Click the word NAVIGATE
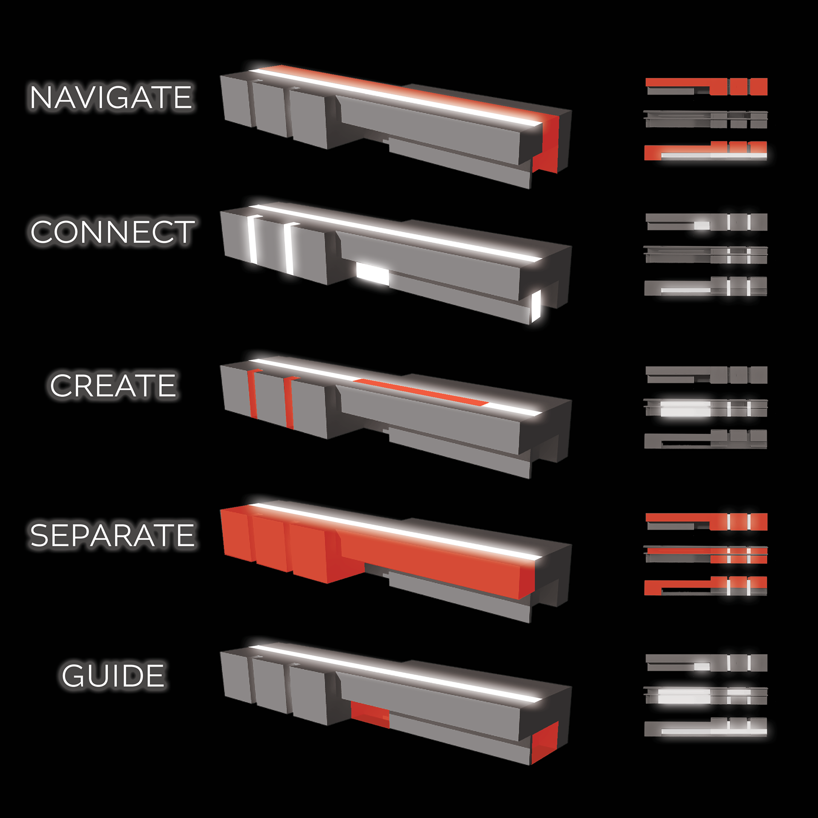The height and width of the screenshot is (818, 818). [111, 97]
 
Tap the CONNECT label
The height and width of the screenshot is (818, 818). [112, 232]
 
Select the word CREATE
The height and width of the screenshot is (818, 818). [113, 386]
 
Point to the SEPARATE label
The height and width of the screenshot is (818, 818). [112, 535]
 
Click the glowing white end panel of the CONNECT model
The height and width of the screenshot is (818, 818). [536, 305]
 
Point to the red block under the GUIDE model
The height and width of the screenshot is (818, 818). [370, 715]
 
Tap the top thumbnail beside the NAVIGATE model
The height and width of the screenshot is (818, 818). [706, 86]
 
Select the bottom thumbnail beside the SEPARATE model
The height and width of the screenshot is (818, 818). [706, 586]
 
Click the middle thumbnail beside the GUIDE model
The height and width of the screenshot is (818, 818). [706, 696]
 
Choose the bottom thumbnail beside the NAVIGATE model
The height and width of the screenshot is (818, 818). [706, 151]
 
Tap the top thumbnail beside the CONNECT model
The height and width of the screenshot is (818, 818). [706, 222]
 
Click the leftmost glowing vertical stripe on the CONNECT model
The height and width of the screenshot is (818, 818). [253, 240]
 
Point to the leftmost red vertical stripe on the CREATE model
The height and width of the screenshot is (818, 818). [253, 394]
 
